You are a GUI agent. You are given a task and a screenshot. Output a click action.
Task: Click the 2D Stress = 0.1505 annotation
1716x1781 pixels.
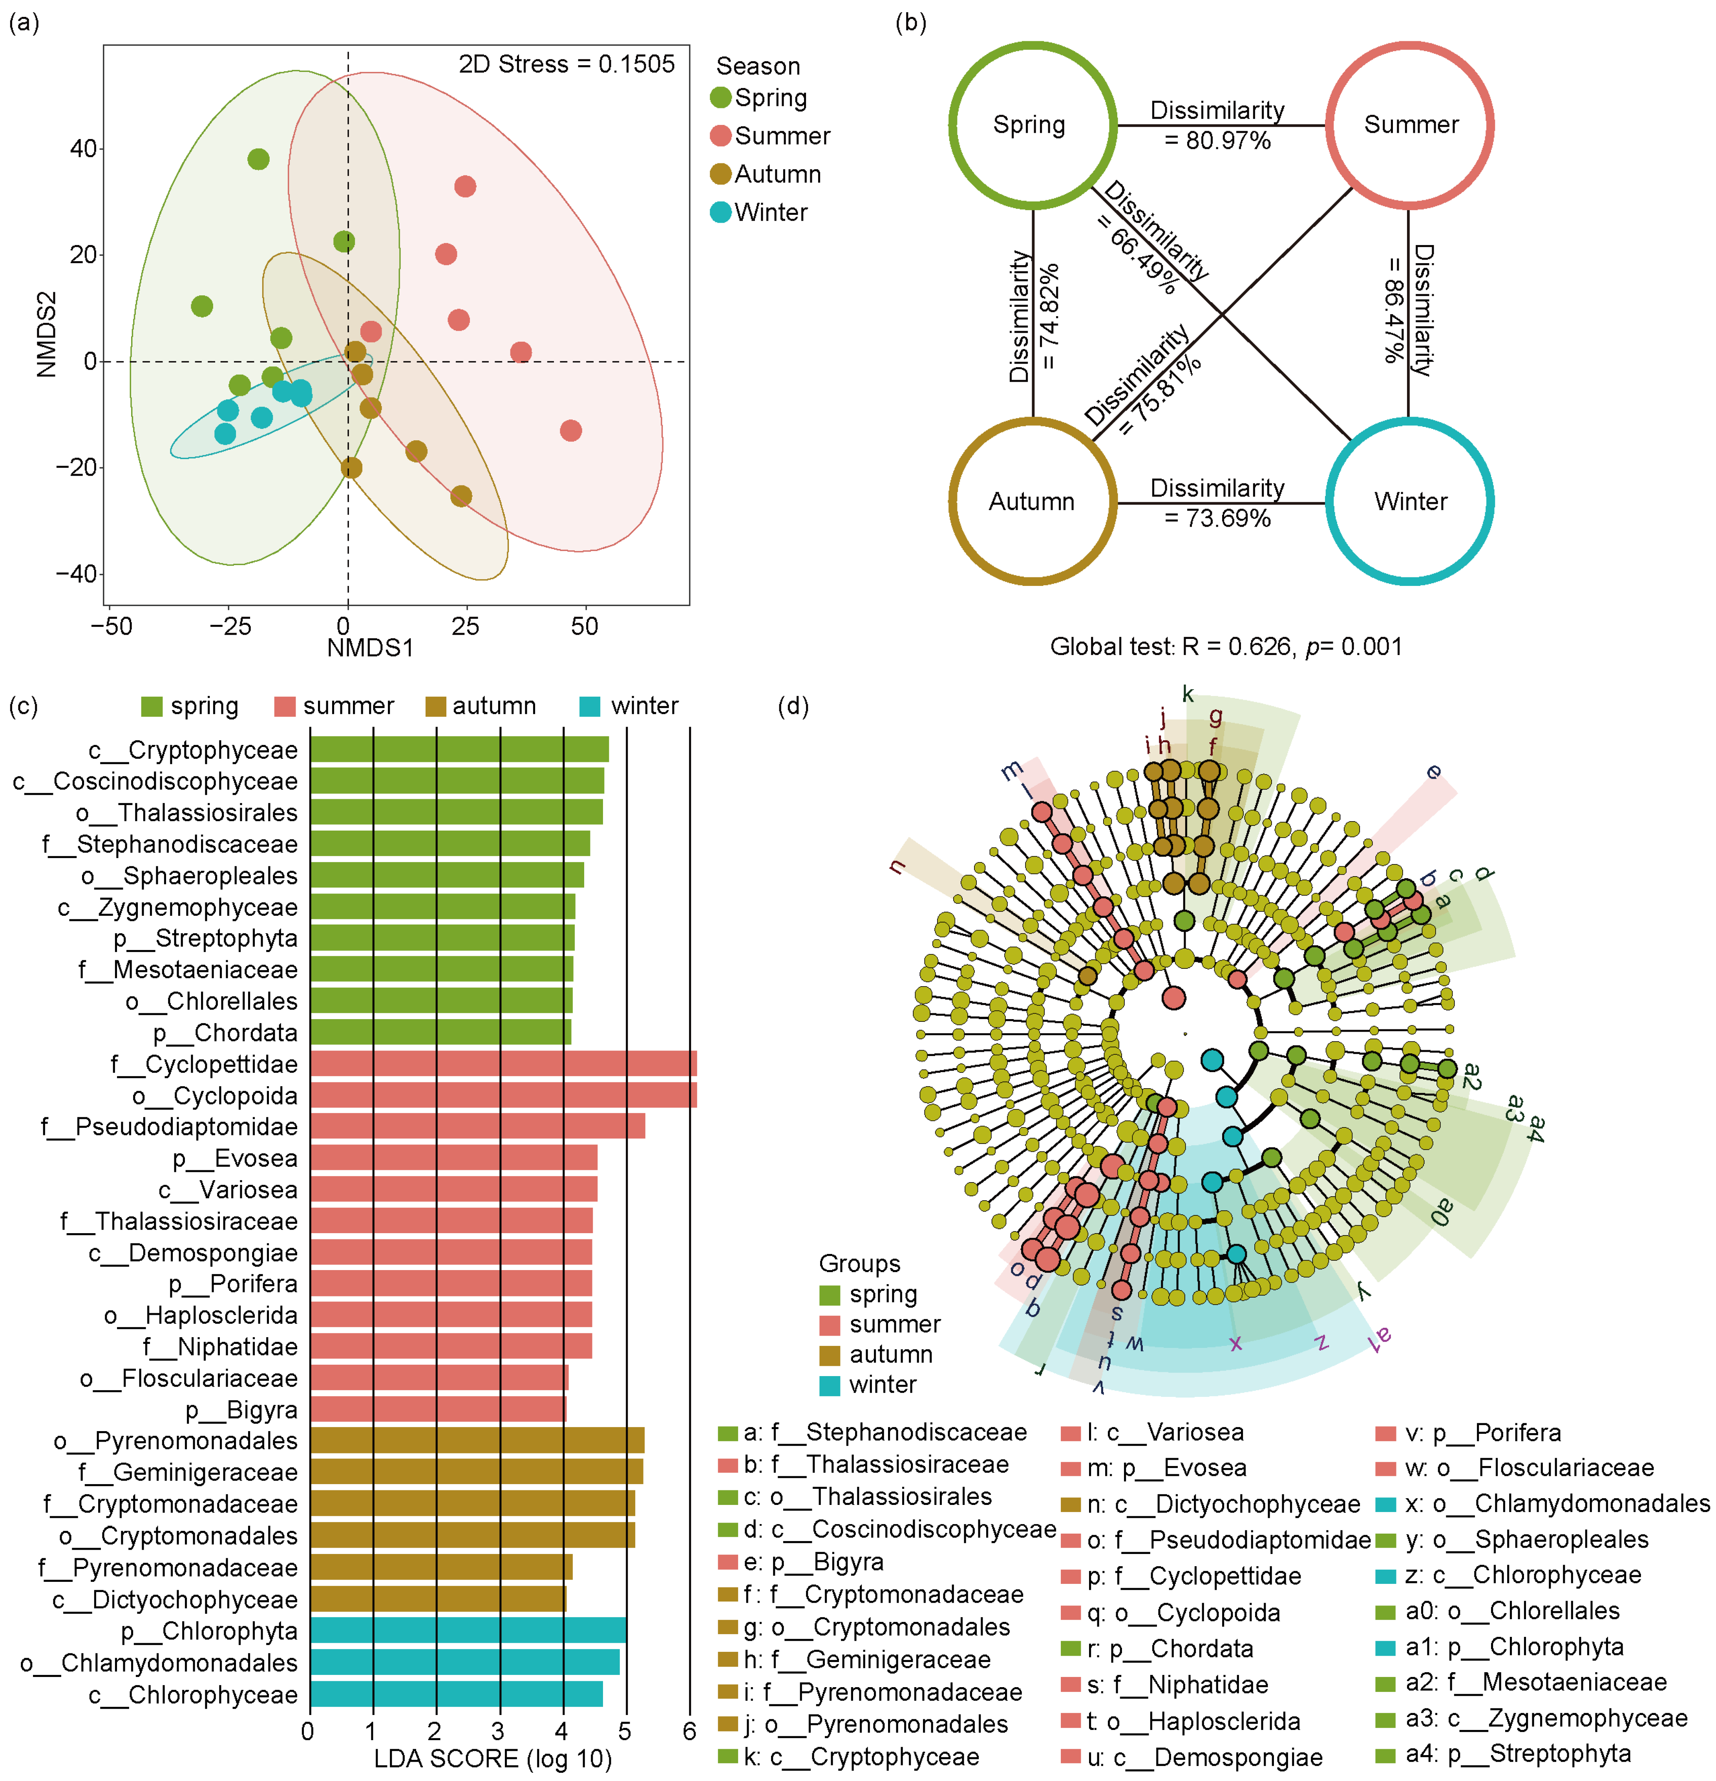pos(566,64)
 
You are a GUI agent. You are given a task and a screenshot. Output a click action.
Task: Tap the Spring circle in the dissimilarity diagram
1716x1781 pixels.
pos(1032,124)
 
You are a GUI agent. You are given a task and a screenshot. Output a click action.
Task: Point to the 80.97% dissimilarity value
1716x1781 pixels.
pos(1217,141)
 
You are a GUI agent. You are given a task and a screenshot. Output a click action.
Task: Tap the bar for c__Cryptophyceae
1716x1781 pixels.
pos(459,750)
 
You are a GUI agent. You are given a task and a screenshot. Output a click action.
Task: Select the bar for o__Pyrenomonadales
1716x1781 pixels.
pos(477,1441)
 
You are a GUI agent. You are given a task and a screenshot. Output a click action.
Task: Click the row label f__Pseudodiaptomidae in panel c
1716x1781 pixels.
pos(170,1127)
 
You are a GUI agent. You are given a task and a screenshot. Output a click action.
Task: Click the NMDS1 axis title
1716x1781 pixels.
pos(370,648)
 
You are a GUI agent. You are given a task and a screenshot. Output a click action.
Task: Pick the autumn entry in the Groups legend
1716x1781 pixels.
pos(890,1355)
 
